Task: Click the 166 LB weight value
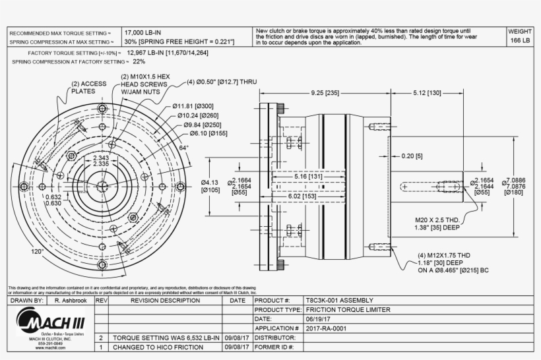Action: pyautogui.click(x=521, y=41)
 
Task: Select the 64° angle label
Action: pyautogui.click(x=183, y=148)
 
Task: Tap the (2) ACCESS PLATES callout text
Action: pyautogui.click(x=88, y=88)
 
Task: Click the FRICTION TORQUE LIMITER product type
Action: pyautogui.click(x=348, y=309)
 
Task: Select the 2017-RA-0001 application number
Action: pyautogui.click(x=326, y=328)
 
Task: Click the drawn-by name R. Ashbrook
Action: pyautogui.click(x=70, y=300)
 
